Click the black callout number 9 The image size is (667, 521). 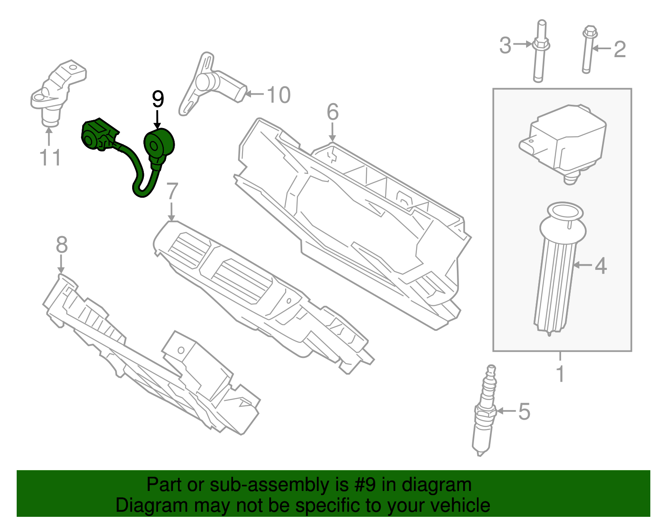158,100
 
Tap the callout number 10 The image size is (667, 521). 278,95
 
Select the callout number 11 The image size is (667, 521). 50,158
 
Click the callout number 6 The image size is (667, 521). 332,112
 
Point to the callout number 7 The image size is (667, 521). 172,191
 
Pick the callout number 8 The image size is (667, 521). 61,245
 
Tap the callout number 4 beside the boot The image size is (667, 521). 600,266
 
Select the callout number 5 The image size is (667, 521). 524,412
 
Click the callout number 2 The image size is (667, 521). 619,49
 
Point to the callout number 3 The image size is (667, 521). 505,45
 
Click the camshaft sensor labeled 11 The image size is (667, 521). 56,92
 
